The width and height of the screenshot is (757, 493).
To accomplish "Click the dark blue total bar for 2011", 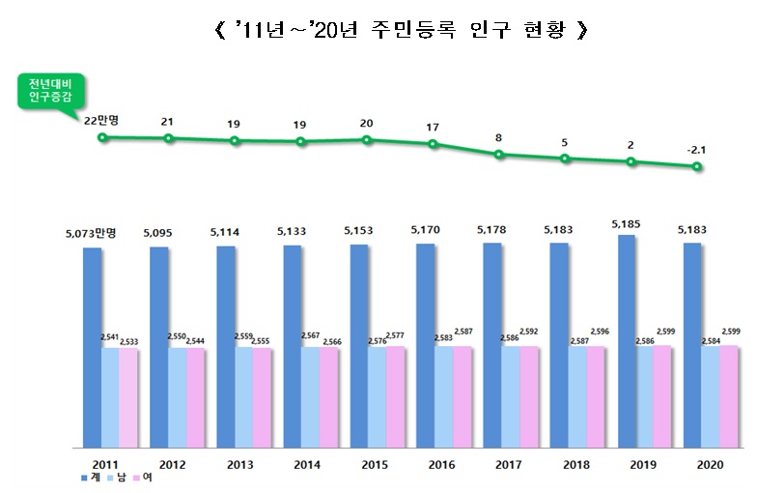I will pyautogui.click(x=92, y=348).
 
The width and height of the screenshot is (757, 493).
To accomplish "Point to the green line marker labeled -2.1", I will pyautogui.click(x=696, y=167).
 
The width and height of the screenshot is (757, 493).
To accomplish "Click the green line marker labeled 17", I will pyautogui.click(x=433, y=145).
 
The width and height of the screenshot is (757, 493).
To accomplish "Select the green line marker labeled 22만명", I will pyautogui.click(x=102, y=137).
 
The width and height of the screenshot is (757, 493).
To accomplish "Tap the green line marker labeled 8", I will pyautogui.click(x=498, y=154).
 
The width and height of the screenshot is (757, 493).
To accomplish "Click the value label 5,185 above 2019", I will pyautogui.click(x=627, y=224).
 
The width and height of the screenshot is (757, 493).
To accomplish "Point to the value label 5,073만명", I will pyautogui.click(x=92, y=233).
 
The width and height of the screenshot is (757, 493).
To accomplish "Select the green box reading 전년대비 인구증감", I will pyautogui.click(x=52, y=92).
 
